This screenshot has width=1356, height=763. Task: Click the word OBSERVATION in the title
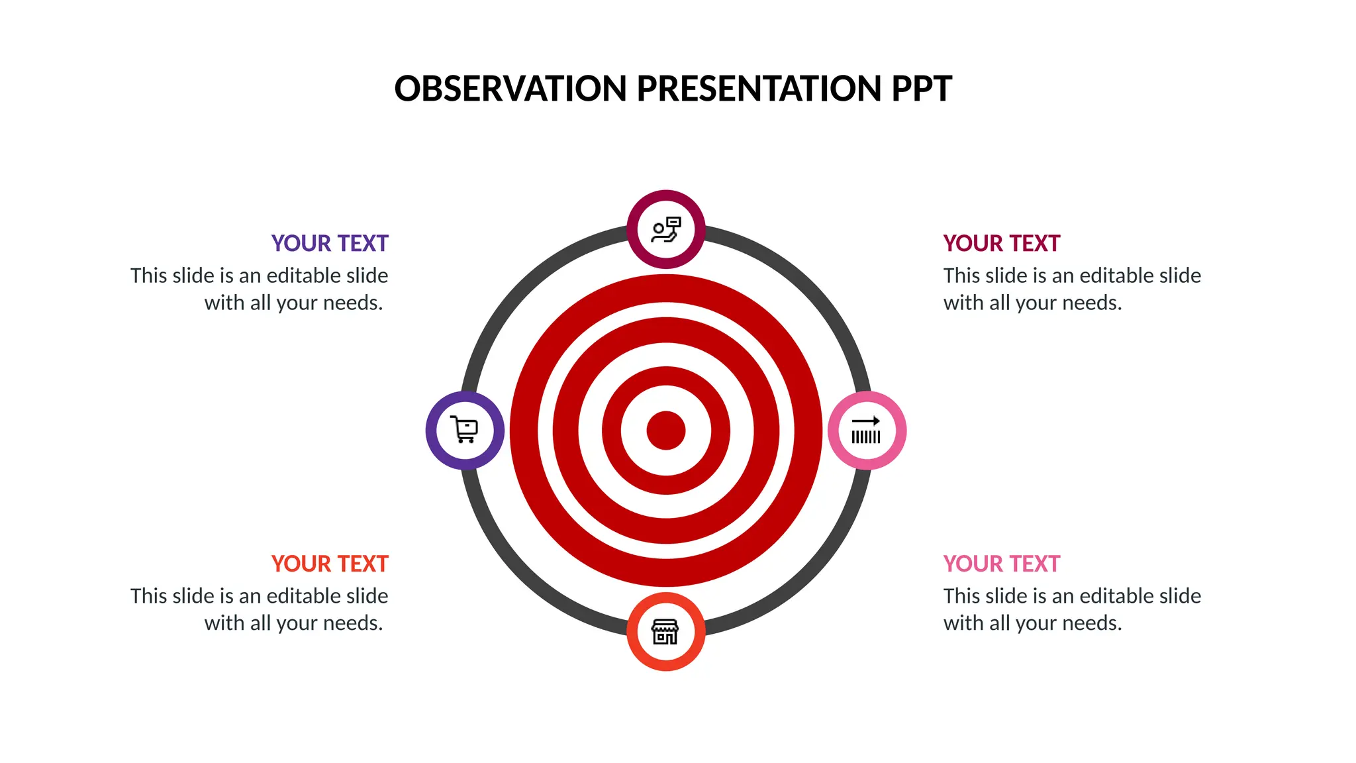(x=510, y=89)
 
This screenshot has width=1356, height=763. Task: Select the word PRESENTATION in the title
(x=758, y=89)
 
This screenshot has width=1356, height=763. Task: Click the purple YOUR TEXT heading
(x=330, y=244)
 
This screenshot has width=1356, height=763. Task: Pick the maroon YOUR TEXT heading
(x=1001, y=244)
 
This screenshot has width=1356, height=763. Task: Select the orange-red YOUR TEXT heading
(x=330, y=564)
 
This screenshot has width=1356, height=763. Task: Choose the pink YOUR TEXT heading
(x=1001, y=564)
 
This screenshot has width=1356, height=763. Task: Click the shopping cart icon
(x=465, y=430)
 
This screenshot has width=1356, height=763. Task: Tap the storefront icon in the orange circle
(x=665, y=632)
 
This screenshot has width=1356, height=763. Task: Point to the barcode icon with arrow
(x=866, y=431)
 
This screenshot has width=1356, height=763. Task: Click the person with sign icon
(x=665, y=229)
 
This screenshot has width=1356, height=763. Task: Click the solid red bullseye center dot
(x=665, y=431)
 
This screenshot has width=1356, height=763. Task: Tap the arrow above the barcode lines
(x=866, y=421)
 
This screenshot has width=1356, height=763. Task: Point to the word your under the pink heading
(x=1034, y=624)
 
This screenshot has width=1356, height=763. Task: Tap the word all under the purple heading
(x=261, y=303)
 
